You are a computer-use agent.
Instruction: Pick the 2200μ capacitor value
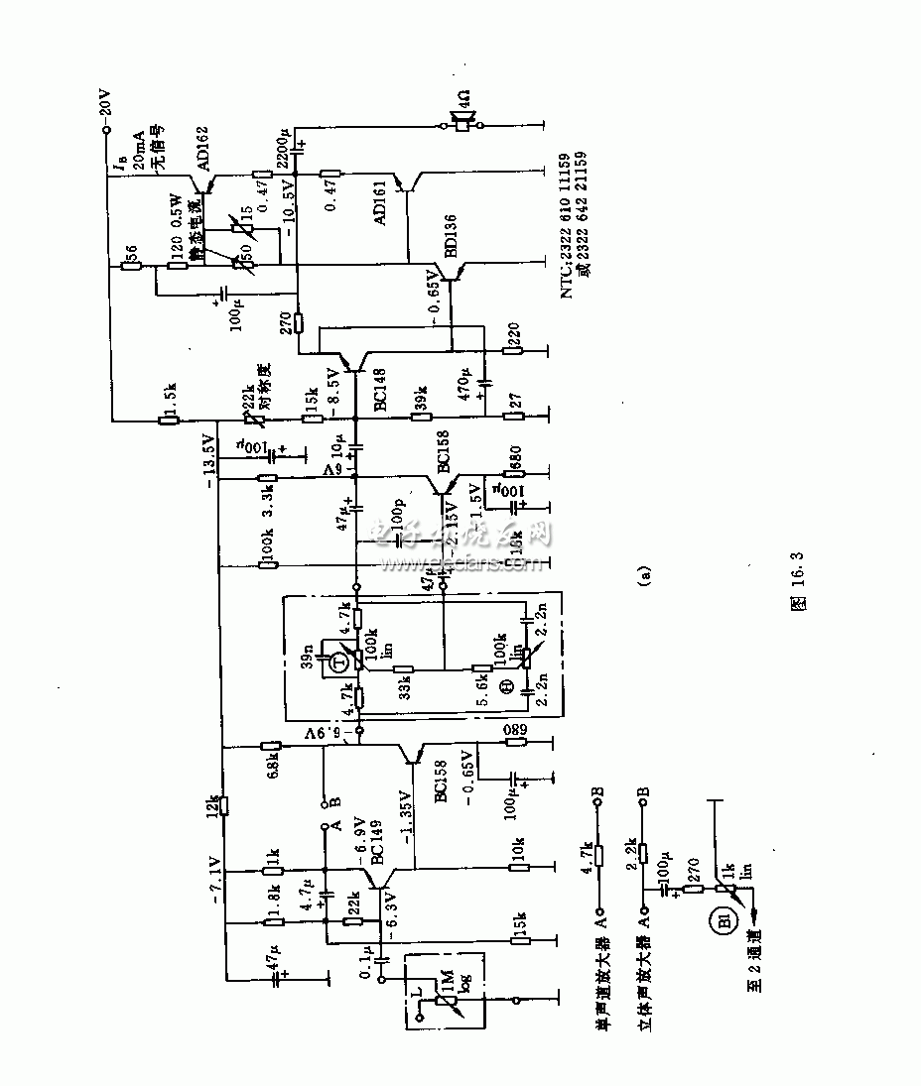coord(283,146)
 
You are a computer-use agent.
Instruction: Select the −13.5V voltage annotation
coord(209,457)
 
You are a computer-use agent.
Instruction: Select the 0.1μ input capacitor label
coord(366,959)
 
